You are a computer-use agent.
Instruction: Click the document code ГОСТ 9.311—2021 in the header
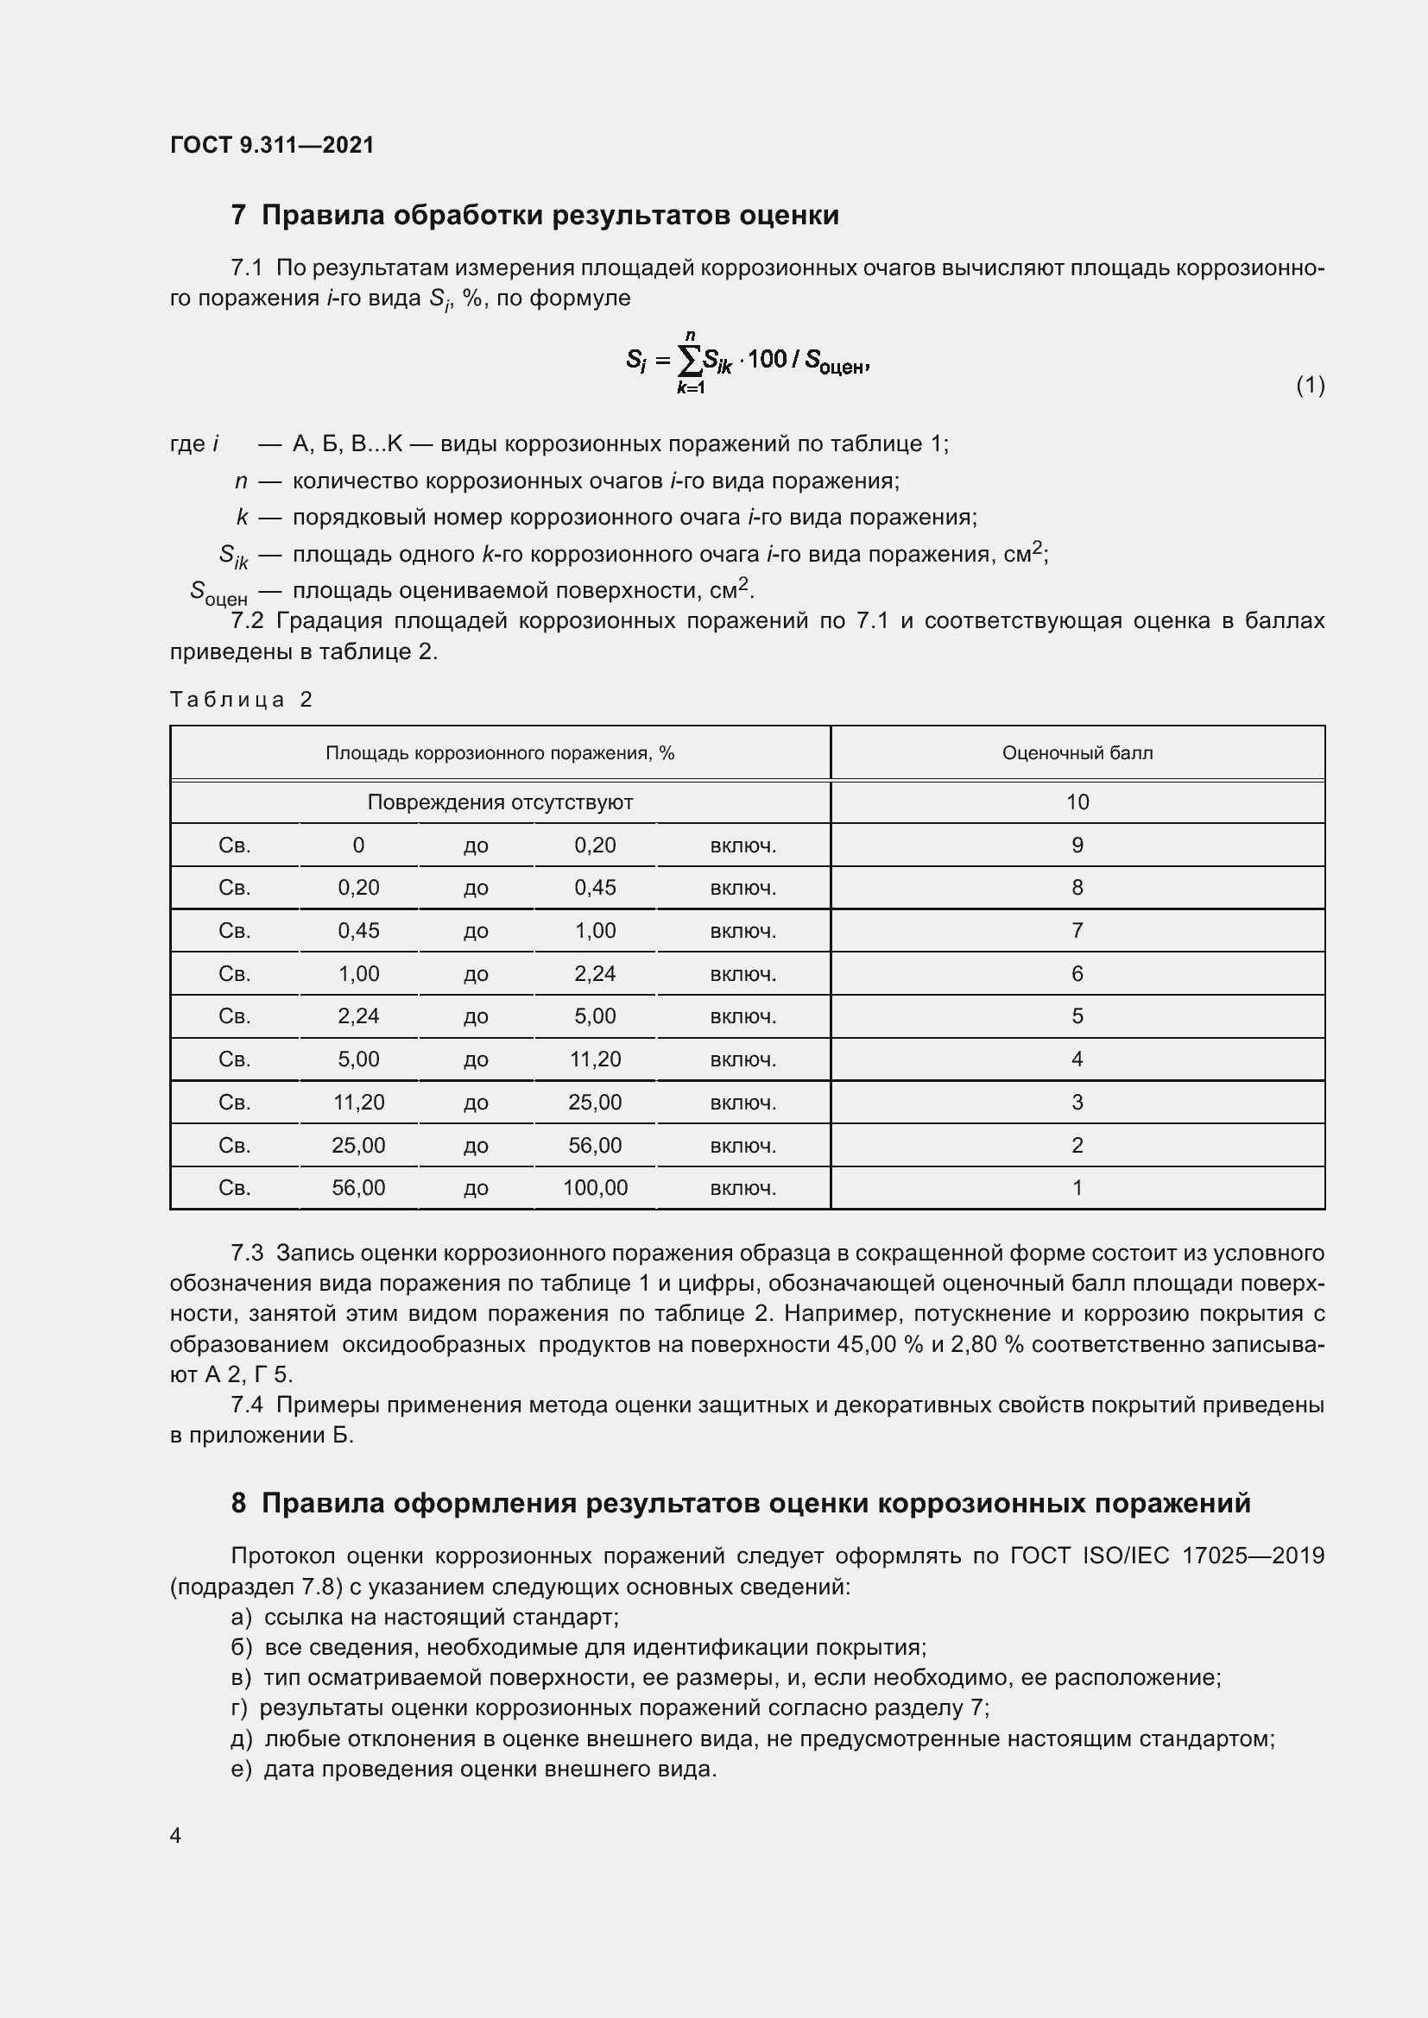coord(272,145)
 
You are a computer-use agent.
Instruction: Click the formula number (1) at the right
coord(1311,385)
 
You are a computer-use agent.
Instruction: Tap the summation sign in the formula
coord(691,360)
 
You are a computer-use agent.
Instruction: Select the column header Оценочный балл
coord(1077,753)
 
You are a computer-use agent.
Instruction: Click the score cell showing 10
coord(1077,802)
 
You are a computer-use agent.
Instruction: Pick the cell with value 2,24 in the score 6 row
coord(596,974)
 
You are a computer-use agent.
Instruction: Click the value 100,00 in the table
coord(596,1188)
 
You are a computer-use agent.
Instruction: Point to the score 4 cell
coord(1077,1059)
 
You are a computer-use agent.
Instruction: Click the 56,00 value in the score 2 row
coord(596,1145)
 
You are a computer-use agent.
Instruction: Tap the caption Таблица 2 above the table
coord(241,700)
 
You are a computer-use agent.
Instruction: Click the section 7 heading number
coord(238,216)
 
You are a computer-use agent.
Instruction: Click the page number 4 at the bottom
coord(175,1836)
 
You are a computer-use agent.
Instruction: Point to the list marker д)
coord(241,1738)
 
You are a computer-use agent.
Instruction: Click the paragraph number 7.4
coord(246,1405)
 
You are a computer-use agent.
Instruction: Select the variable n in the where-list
coord(241,481)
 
